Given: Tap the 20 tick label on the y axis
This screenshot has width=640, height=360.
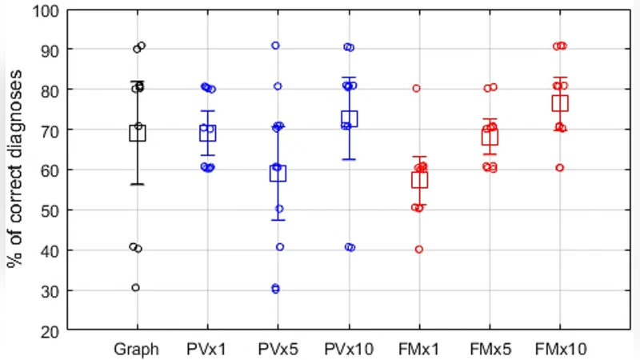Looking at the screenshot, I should coord(50,331).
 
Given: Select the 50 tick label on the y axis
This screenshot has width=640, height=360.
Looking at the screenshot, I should coord(50,210).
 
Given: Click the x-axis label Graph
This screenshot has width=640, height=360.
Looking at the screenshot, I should coord(138,350).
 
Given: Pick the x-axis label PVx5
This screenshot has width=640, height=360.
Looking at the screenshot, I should coord(278,350).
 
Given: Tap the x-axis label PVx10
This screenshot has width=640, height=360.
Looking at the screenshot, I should coord(349,350).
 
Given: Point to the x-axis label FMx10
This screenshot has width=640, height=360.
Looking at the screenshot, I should coord(560,350).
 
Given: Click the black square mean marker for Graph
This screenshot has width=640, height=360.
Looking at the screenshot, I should coord(138,133).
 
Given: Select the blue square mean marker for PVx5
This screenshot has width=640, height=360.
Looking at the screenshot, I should coord(278,173).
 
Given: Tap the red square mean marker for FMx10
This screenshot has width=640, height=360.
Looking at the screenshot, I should coord(560,102).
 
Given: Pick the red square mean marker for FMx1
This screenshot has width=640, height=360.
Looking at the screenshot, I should coord(419,180).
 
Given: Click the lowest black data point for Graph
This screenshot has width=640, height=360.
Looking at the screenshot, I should coord(136,287).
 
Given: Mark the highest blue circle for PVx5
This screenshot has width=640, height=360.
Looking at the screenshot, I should coord(275,46).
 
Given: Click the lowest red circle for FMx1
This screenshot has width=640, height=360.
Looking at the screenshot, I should coord(418,249).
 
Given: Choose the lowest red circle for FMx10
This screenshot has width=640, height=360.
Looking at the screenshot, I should coord(560,168).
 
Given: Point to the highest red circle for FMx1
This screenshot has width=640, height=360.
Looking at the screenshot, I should coord(417,88).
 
